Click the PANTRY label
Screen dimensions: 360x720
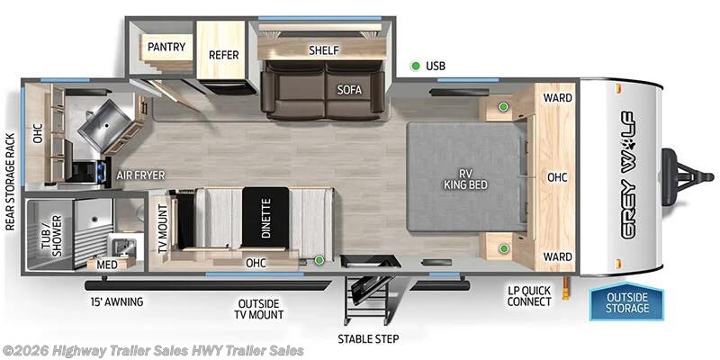tap(166, 46)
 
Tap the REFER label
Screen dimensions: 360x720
tap(224, 54)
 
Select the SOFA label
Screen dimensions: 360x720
tap(349, 89)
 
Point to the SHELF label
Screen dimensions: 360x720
tap(322, 50)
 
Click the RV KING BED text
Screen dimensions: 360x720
tap(464, 177)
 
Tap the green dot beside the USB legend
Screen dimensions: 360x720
tap(415, 66)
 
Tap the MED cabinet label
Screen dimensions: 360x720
tap(107, 265)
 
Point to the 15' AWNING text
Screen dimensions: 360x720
tap(116, 301)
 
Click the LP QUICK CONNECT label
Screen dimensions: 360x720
tap(529, 296)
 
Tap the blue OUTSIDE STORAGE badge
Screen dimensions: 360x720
tap(625, 303)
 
